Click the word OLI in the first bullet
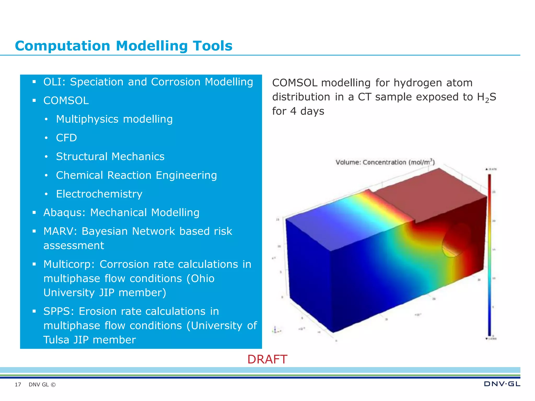(x=52, y=82)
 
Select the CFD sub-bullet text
(x=66, y=138)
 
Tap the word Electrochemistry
(x=99, y=194)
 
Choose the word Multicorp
(x=68, y=264)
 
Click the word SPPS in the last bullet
(x=57, y=311)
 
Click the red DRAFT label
(x=267, y=359)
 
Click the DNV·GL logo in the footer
(x=502, y=384)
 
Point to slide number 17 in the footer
(x=18, y=385)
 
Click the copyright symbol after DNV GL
(x=53, y=385)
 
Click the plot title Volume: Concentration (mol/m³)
(x=385, y=162)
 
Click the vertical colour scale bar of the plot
(x=490, y=255)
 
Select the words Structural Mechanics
(x=110, y=157)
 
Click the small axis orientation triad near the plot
(x=276, y=330)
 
